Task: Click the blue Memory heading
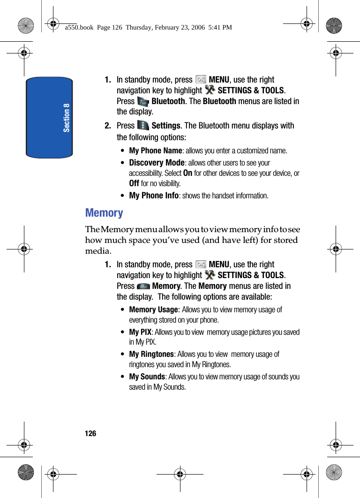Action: [x=104, y=213]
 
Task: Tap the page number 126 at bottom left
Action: [x=90, y=434]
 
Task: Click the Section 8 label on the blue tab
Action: [x=67, y=117]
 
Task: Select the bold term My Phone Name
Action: [x=155, y=151]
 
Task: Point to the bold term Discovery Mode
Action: [x=157, y=163]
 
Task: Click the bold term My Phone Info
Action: [x=154, y=196]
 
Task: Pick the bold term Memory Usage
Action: [x=153, y=309]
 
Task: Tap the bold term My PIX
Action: [x=140, y=332]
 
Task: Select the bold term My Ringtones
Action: [x=151, y=354]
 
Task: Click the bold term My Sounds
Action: [x=147, y=377]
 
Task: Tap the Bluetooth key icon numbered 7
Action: [x=143, y=101]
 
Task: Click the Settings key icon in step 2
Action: [x=143, y=126]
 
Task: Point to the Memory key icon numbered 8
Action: [x=143, y=286]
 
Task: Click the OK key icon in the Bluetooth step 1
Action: [x=201, y=80]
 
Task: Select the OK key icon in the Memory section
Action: [x=201, y=264]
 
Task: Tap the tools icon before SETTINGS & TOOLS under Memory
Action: [x=210, y=275]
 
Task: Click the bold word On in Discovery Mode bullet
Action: [x=187, y=173]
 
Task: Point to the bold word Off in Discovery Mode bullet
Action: [x=134, y=183]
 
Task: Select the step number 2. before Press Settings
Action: [x=108, y=126]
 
